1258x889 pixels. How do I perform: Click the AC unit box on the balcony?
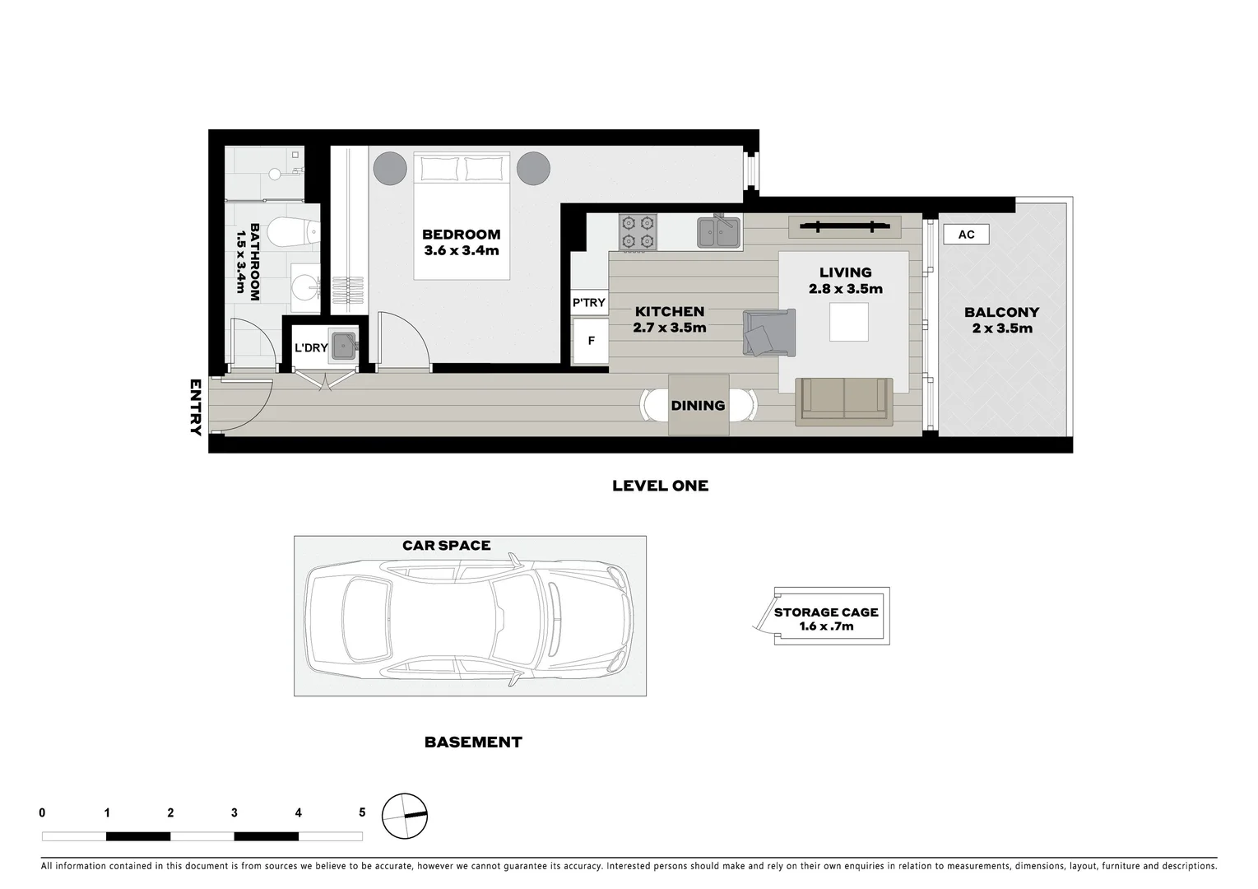(x=966, y=235)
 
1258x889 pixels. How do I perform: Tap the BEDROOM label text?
(x=461, y=235)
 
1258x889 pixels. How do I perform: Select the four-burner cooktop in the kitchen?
(x=638, y=231)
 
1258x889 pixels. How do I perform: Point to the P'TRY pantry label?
(x=589, y=302)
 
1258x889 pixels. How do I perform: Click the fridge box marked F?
(x=591, y=341)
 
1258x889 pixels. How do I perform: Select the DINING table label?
(x=698, y=405)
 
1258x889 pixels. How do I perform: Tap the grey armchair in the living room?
(x=769, y=333)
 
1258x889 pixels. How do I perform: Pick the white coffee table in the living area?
(x=849, y=322)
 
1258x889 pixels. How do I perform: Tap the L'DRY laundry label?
(x=311, y=348)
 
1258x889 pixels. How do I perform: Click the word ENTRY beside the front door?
(x=196, y=407)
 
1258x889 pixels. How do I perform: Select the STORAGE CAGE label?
(x=826, y=612)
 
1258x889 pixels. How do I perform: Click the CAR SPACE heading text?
(x=446, y=545)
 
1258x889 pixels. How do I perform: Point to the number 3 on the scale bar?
(x=234, y=812)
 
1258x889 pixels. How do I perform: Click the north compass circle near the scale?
(x=405, y=816)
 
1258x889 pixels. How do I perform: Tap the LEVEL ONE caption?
(x=660, y=486)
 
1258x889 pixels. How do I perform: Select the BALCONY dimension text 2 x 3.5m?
(x=1001, y=328)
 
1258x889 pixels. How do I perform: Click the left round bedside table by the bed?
(x=390, y=169)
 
